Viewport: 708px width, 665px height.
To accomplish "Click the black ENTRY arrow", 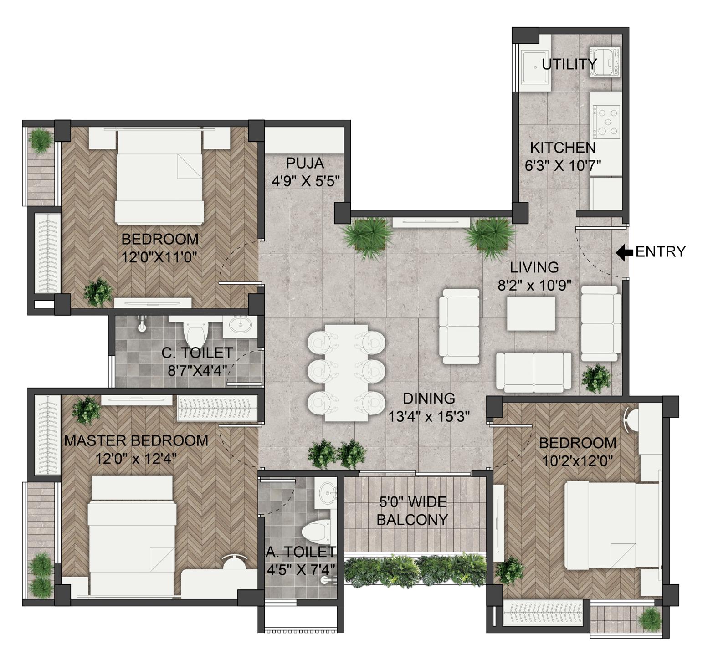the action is click(624, 252).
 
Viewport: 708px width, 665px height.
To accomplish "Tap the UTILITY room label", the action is click(569, 64).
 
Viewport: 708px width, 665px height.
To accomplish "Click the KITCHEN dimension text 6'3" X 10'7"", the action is click(563, 166).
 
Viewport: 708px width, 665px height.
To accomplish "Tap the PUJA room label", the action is click(305, 163).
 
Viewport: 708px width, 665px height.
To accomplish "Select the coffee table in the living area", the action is click(531, 313).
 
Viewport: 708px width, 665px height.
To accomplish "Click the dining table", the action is click(346, 373).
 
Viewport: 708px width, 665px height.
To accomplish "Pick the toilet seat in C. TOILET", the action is click(196, 334).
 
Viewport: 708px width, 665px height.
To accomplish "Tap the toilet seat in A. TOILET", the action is click(317, 532).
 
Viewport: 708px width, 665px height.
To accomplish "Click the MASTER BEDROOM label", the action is click(136, 441).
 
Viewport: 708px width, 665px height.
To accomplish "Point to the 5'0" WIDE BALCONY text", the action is click(412, 511).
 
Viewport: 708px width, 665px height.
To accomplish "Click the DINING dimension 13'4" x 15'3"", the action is click(429, 416).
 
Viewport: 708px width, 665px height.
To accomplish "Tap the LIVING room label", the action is click(534, 267).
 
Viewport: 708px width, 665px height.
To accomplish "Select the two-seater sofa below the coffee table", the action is click(534, 372).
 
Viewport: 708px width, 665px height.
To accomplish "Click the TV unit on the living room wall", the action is click(431, 223).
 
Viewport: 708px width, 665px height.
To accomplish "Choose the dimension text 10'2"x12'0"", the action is click(577, 461).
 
